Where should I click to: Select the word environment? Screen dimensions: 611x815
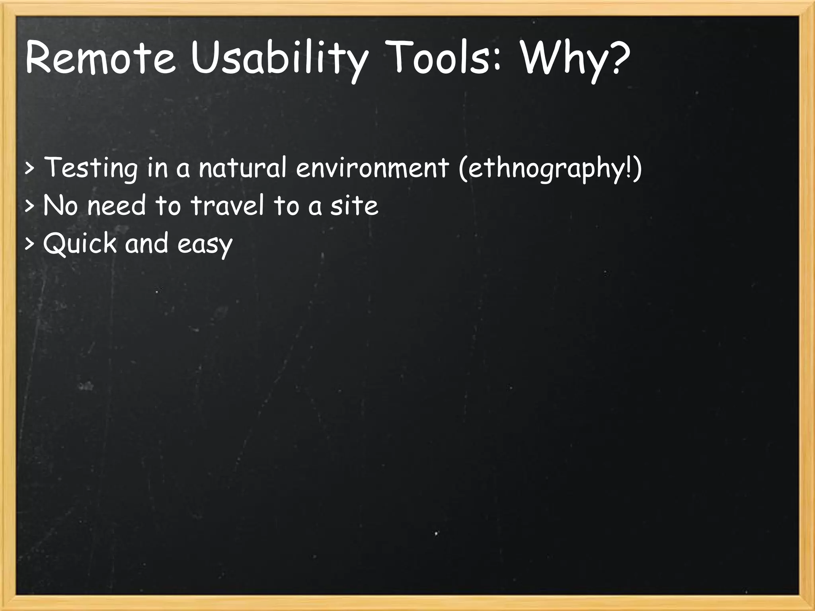372,167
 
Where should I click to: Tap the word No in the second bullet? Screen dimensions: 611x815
60,206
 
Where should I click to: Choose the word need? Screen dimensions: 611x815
117,206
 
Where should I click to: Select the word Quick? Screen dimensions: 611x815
80,243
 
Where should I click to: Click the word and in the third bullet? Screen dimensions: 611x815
146,243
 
